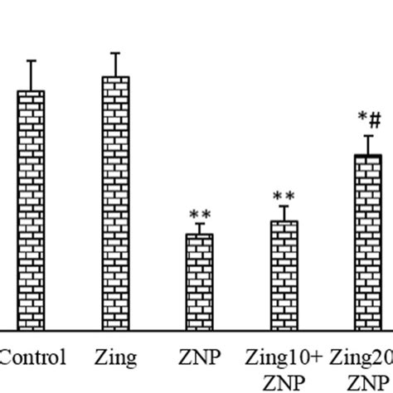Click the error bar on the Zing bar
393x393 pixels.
click(x=115, y=65)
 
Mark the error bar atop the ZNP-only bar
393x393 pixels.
click(x=199, y=228)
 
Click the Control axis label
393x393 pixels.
click(x=32, y=358)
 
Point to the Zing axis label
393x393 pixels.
click(x=115, y=358)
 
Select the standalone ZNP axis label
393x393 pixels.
click(x=199, y=358)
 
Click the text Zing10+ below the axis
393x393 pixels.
click(x=283, y=358)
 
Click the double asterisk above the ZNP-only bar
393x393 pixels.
click(x=199, y=214)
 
